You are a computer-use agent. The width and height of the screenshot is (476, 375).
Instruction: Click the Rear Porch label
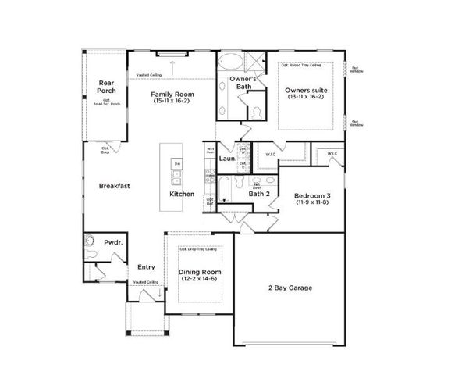(x=106, y=87)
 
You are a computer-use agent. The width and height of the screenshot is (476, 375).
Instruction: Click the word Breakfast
(x=114, y=186)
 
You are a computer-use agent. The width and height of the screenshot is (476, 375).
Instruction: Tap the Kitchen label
(x=182, y=194)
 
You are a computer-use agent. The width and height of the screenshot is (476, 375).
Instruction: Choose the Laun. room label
(x=227, y=159)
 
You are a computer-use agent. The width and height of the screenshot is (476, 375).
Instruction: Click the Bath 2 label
(x=259, y=194)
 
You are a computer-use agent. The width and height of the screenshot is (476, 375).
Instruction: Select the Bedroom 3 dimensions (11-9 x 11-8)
(x=313, y=202)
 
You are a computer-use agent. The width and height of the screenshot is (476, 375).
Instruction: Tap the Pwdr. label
(x=112, y=243)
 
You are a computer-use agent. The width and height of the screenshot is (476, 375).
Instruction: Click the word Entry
(x=146, y=266)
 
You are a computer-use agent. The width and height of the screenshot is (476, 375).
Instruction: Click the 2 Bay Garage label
(x=290, y=288)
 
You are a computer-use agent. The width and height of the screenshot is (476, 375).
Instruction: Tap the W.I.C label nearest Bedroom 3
(x=332, y=154)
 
